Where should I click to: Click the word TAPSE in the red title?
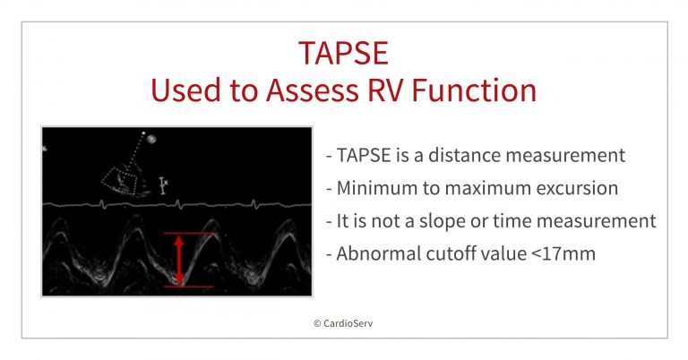tap(344, 53)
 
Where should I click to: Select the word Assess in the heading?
tap(312, 90)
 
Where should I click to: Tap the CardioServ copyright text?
tap(343, 323)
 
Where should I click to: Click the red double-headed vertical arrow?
tap(179, 260)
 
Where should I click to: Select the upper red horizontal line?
tap(190, 233)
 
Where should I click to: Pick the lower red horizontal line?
tap(189, 287)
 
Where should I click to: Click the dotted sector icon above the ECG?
tap(119, 180)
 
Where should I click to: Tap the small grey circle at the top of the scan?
tap(151, 139)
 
